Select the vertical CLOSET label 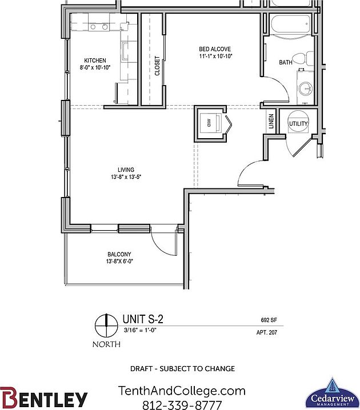(157, 66)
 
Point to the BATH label (286, 62)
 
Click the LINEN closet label (271, 122)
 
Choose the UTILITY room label (298, 123)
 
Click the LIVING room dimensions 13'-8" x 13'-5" (126, 177)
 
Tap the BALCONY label (119, 255)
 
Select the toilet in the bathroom (309, 58)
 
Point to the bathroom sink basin (306, 88)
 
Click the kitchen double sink (99, 27)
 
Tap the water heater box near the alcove (207, 122)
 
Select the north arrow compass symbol (106, 327)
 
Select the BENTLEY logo (45, 398)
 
